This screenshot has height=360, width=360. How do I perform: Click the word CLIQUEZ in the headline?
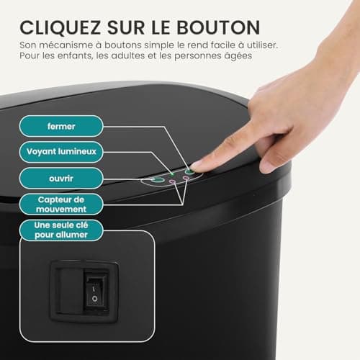click(60, 27)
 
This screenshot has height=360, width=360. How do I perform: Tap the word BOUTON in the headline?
click(218, 27)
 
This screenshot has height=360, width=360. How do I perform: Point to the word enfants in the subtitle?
click(76, 55)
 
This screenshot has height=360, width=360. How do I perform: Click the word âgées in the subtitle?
click(238, 56)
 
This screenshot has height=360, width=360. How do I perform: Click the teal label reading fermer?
click(61, 126)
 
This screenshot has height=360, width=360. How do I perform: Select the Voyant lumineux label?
click(61, 152)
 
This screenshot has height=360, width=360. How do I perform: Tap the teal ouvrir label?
click(61, 179)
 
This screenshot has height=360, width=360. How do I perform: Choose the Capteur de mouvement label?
click(61, 204)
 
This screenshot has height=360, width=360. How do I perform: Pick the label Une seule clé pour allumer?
click(61, 230)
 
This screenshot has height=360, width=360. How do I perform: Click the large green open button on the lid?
click(158, 180)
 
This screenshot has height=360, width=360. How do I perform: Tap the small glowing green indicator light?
click(172, 174)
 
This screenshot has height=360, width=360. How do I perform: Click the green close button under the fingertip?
click(189, 171)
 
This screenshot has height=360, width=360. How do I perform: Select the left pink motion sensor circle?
click(172, 181)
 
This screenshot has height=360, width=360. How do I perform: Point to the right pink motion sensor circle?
click(186, 178)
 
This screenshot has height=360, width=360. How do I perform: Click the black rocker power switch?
click(94, 291)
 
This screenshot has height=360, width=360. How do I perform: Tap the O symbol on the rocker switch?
click(95, 299)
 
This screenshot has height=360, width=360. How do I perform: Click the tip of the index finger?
click(193, 166)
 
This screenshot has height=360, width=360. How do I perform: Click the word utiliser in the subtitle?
click(262, 45)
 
